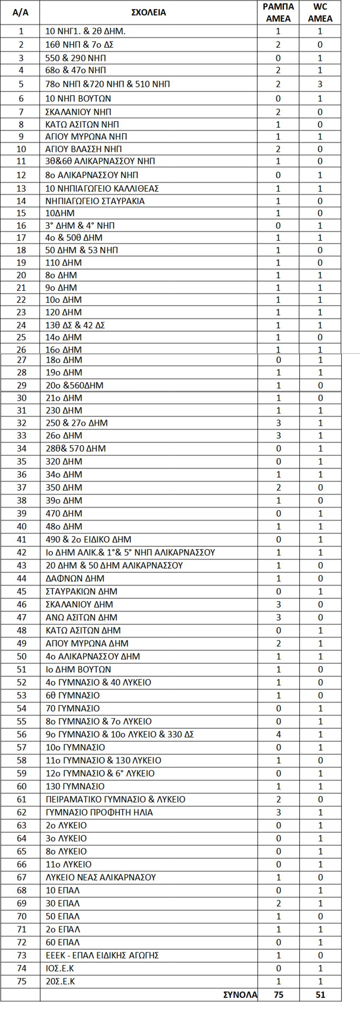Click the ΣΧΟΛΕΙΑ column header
(149, 12)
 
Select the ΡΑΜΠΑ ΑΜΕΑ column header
(278, 12)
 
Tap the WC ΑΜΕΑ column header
(320, 12)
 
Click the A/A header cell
(20, 12)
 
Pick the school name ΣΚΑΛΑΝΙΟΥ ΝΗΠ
(78, 112)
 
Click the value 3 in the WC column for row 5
(320, 84)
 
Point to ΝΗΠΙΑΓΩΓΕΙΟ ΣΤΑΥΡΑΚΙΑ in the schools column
(95, 201)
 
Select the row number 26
(21, 350)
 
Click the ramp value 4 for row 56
(279, 734)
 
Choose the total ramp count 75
(279, 995)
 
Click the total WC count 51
(320, 995)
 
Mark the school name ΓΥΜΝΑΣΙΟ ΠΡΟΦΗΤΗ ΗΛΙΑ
(99, 812)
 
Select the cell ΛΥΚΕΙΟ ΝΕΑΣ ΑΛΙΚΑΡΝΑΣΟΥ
(100, 877)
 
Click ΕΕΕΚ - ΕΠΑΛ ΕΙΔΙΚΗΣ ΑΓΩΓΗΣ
(102, 955)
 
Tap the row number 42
(22, 553)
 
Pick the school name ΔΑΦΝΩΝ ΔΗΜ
(75, 578)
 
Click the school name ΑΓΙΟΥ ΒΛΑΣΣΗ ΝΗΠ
(83, 149)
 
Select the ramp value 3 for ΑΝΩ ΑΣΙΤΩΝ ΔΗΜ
(279, 617)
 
